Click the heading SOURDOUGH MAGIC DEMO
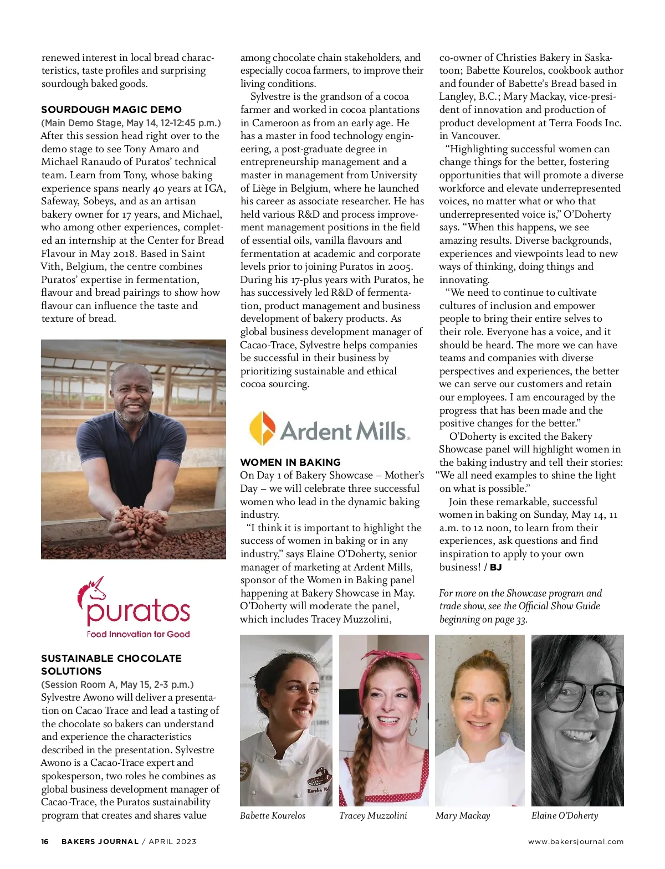click(111, 110)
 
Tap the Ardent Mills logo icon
click(262, 428)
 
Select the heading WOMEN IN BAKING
click(290, 462)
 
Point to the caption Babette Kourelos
click(272, 815)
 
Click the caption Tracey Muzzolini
click(373, 815)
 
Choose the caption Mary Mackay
click(463, 815)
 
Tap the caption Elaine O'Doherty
click(565, 815)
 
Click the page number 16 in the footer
click(45, 841)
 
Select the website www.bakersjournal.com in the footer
click(575, 841)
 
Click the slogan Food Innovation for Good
click(138, 634)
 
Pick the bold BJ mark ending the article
click(495, 567)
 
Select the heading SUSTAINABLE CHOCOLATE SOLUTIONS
click(111, 665)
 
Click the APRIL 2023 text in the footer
click(172, 841)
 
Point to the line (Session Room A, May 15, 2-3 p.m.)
click(117, 685)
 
